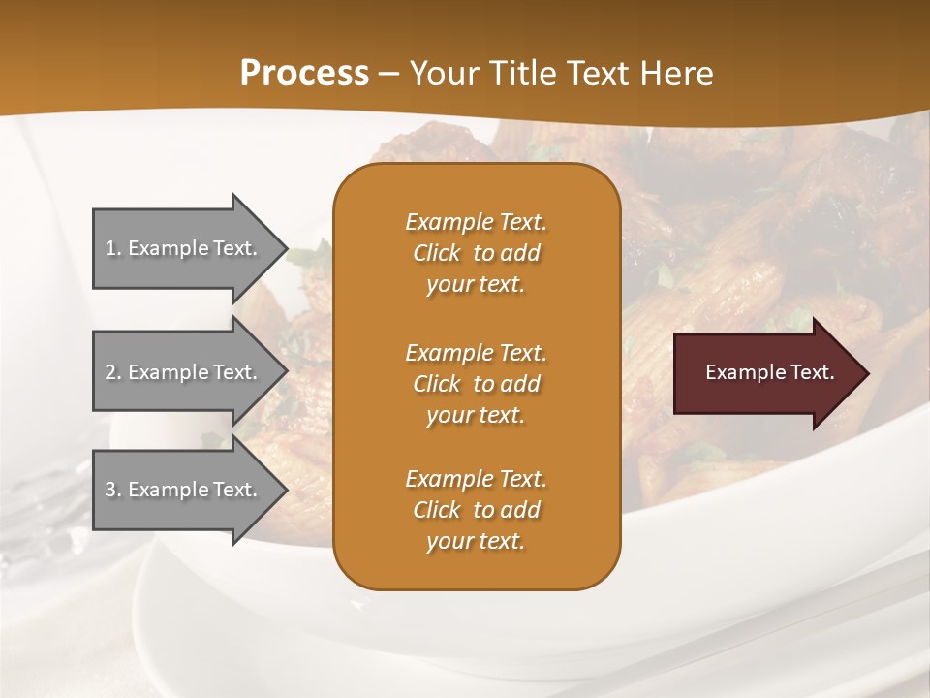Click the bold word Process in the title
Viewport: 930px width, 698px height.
(304, 74)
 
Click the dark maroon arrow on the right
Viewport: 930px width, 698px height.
(765, 373)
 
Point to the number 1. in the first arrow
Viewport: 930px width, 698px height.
(113, 248)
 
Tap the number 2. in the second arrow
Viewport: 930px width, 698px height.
(113, 372)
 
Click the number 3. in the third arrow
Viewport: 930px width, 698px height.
(113, 490)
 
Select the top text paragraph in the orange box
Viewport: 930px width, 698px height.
(476, 253)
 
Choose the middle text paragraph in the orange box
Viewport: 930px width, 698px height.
(476, 384)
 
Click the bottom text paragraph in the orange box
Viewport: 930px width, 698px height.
(476, 510)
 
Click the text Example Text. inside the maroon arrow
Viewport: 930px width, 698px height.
(770, 372)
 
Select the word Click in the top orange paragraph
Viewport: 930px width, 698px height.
(437, 253)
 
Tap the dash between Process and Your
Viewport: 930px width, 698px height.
(389, 74)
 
